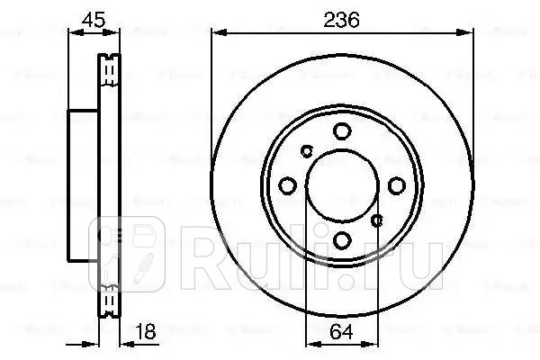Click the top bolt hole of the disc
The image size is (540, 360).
[341, 132]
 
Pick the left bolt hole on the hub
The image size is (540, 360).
[288, 185]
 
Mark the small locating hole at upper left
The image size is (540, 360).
[306, 150]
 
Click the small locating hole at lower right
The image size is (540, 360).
[378, 220]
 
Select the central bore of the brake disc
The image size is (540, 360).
[341, 185]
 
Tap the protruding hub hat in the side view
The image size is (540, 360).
[83, 185]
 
